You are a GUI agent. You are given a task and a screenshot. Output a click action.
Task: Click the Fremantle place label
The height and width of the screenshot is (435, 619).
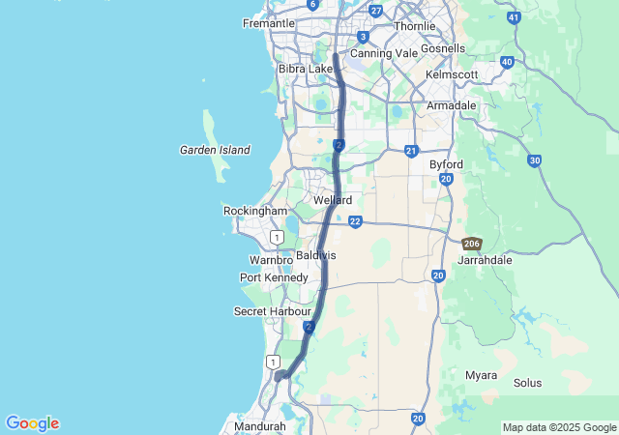[269, 23]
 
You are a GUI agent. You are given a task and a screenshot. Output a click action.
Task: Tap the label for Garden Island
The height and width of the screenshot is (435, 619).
[215, 150]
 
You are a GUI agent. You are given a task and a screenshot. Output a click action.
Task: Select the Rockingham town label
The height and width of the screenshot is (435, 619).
[255, 211]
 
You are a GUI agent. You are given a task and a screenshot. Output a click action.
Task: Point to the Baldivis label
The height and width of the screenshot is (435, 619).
[316, 254]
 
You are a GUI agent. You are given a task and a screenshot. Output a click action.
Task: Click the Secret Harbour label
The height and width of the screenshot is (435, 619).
[272, 311]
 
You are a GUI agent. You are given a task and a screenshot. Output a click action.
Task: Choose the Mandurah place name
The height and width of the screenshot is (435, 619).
[259, 426]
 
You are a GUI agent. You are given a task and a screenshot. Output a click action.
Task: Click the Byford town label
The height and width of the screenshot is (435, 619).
[446, 164]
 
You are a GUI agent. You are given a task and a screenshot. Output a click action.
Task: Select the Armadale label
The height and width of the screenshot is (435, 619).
[452, 105]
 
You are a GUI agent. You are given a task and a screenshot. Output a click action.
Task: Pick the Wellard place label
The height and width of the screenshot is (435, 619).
[333, 200]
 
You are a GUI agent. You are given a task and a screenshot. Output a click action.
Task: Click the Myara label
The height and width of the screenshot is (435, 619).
[481, 375]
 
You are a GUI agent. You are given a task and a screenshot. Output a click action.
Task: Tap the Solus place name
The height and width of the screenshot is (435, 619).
[527, 383]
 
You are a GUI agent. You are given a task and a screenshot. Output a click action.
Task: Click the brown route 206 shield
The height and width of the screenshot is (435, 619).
[472, 244]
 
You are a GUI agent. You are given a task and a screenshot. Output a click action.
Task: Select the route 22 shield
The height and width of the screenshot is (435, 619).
[356, 222]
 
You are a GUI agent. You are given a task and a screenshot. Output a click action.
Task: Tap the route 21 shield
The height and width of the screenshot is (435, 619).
[411, 151]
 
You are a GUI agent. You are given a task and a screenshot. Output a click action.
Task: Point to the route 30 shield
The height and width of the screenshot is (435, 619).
[534, 160]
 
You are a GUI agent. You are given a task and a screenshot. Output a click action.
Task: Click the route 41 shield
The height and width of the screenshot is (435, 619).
[514, 17]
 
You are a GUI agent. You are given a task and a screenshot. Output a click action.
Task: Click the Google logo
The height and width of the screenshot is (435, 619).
[32, 423]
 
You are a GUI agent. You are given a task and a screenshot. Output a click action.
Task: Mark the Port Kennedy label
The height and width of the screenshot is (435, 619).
[274, 278]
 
